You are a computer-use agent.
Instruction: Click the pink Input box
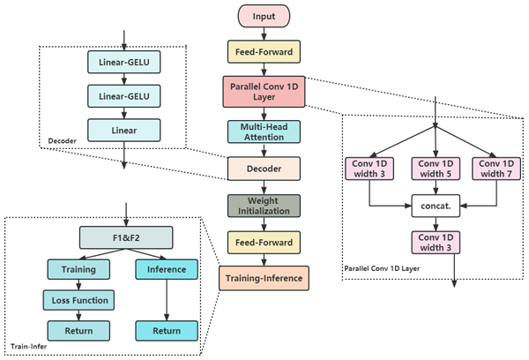(264, 16)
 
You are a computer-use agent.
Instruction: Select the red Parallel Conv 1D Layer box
(264, 92)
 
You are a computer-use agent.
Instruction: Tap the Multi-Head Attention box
(264, 131)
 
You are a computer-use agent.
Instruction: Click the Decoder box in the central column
(264, 169)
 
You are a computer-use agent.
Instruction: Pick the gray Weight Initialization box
(264, 206)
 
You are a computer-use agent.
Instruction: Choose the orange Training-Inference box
(264, 278)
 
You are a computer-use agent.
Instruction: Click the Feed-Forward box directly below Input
(264, 52)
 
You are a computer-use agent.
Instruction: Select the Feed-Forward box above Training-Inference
(264, 243)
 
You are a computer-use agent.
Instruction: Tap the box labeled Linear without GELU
(124, 130)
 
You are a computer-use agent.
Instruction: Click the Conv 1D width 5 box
(436, 169)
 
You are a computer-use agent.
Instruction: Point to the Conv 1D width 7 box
(496, 169)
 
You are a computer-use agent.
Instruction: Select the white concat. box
(436, 206)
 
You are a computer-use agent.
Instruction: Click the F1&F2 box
(126, 237)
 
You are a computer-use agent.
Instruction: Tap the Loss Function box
(78, 300)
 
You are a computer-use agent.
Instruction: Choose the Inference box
(167, 269)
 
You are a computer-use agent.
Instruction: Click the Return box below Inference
(167, 331)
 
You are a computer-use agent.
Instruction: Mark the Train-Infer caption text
(29, 347)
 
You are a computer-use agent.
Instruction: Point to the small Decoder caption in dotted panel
(62, 141)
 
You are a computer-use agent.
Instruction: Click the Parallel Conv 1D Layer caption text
(382, 269)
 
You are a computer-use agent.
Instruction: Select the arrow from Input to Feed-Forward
(264, 34)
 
